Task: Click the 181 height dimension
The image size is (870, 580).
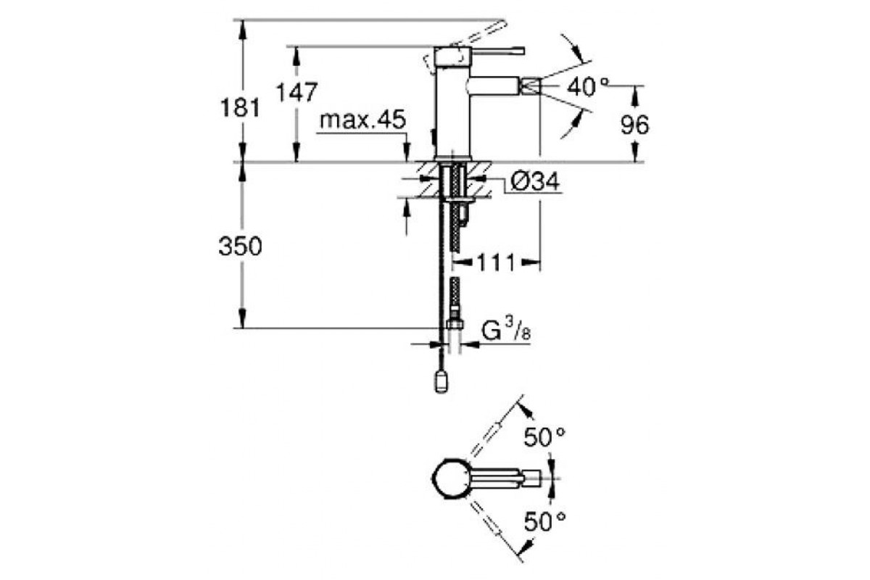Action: coord(240,107)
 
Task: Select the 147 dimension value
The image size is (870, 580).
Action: coord(297,92)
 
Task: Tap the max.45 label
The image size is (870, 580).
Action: coord(362,120)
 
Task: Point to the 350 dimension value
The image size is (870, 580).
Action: coord(241,246)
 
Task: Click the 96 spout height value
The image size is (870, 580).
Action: coord(634,125)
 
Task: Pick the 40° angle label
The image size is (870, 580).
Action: coord(588,86)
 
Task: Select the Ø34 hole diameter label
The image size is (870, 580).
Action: coord(535,181)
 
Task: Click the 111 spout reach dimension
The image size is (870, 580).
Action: coord(496,262)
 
